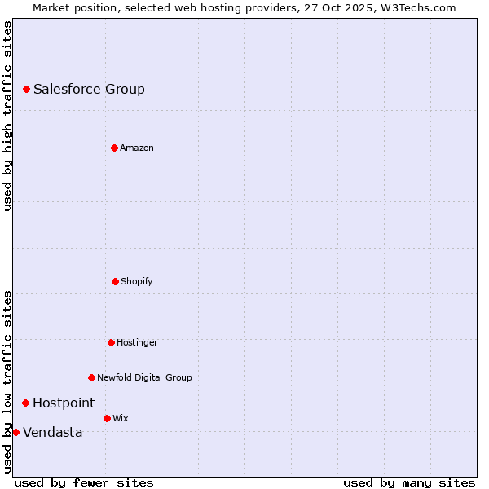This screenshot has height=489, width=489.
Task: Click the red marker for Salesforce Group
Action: coord(26,89)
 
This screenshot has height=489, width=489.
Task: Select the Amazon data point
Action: coord(114,148)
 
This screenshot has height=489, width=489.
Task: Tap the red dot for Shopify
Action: coord(115,281)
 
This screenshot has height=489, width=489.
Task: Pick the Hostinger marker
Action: coord(111,342)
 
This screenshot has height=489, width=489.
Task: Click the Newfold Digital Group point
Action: coord(91,377)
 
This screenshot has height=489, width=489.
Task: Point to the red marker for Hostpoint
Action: coord(25,403)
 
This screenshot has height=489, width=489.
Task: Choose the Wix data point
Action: coord(107,418)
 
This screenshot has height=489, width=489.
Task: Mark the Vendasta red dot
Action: coord(15,432)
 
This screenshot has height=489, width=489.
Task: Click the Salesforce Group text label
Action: coord(89,89)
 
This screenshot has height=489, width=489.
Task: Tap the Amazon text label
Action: coord(136,148)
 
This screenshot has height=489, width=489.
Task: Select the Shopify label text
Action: coord(136,281)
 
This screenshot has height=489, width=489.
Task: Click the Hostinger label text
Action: coord(137,342)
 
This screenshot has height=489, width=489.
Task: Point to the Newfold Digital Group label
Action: coord(144,377)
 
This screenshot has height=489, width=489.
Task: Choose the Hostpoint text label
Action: coord(64,403)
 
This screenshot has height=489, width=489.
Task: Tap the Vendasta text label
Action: coord(52,432)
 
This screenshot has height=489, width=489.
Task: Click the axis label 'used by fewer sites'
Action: coord(84,482)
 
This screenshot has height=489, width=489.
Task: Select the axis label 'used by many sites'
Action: coord(409,482)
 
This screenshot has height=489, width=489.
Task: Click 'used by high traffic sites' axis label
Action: coord(7,116)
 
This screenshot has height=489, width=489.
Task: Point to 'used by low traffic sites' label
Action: coord(7,381)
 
